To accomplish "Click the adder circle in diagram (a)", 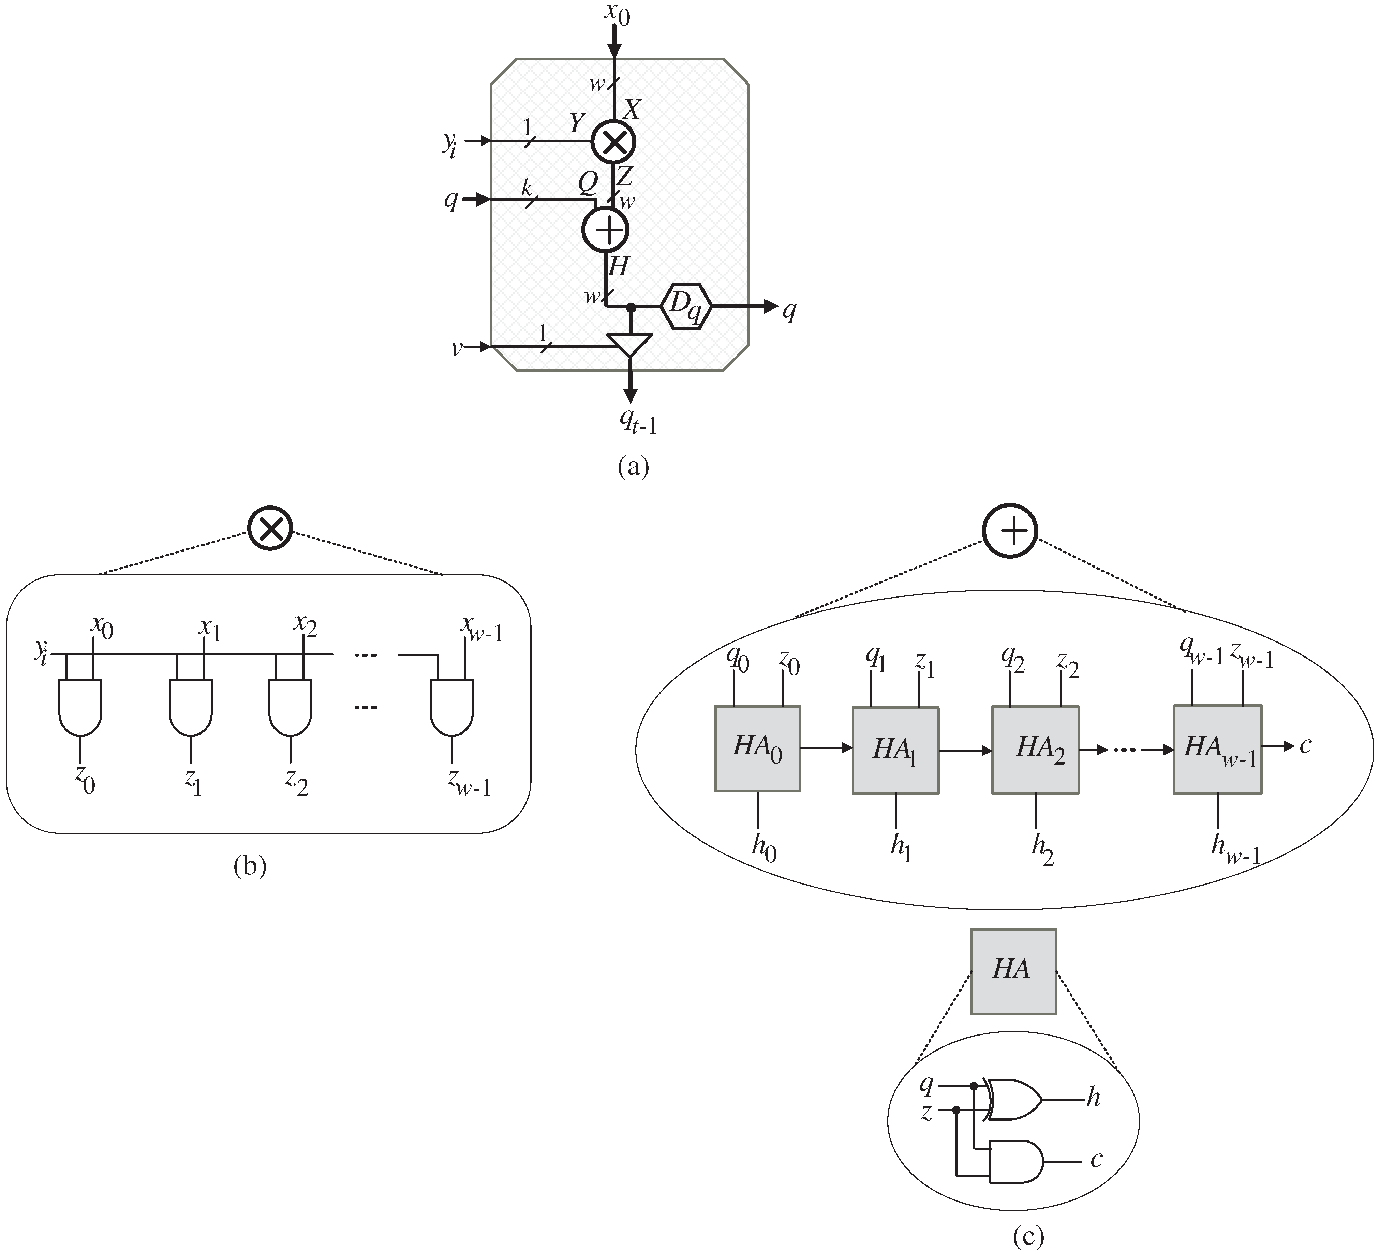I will tap(605, 230).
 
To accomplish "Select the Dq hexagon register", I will tap(686, 306).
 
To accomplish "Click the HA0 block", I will tap(757, 749).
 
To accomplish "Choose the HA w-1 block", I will tap(1217, 750).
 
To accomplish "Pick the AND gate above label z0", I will tap(81, 706).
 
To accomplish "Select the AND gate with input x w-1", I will tap(451, 706).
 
